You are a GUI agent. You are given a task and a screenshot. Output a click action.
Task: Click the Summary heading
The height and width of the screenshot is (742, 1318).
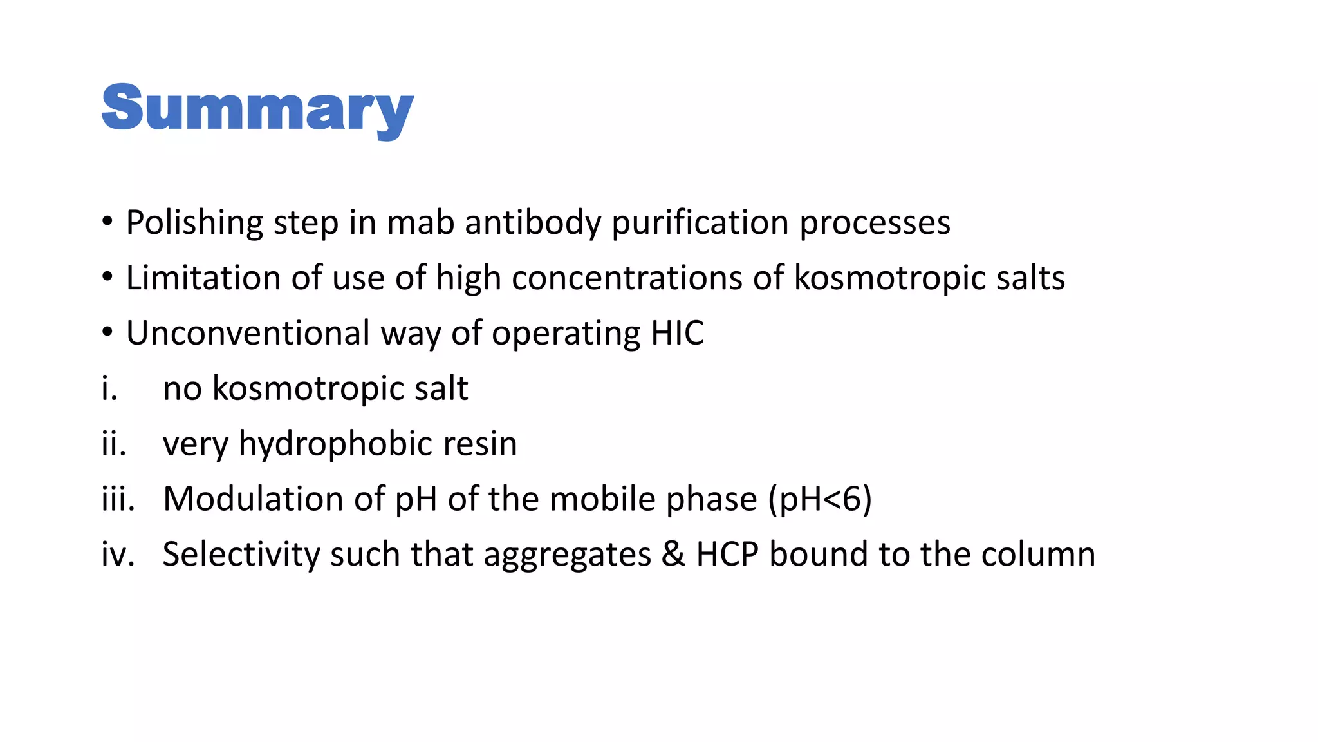[x=257, y=109]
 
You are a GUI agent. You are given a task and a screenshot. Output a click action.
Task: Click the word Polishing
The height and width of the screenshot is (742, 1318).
[x=194, y=223]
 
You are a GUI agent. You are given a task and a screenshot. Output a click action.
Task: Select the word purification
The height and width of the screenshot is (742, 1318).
[x=700, y=223]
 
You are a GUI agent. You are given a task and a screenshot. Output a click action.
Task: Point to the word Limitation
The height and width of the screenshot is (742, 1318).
[x=203, y=278]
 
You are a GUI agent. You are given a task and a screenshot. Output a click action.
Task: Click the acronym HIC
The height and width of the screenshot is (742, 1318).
[x=677, y=334]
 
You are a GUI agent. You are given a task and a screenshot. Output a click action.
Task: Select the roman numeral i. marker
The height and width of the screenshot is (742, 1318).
[x=110, y=389]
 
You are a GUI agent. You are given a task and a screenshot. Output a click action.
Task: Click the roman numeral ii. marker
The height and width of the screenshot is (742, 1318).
[x=114, y=444]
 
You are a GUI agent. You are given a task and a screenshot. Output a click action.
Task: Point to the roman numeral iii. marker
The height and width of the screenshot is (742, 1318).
[x=118, y=500]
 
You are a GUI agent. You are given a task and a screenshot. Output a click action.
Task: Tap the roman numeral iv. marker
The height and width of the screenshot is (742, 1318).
[x=118, y=555]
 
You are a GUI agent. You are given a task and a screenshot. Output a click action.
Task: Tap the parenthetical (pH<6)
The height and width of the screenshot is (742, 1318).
[x=819, y=500]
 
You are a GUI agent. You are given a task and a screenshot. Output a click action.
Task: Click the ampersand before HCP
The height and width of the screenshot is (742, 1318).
[x=673, y=555]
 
